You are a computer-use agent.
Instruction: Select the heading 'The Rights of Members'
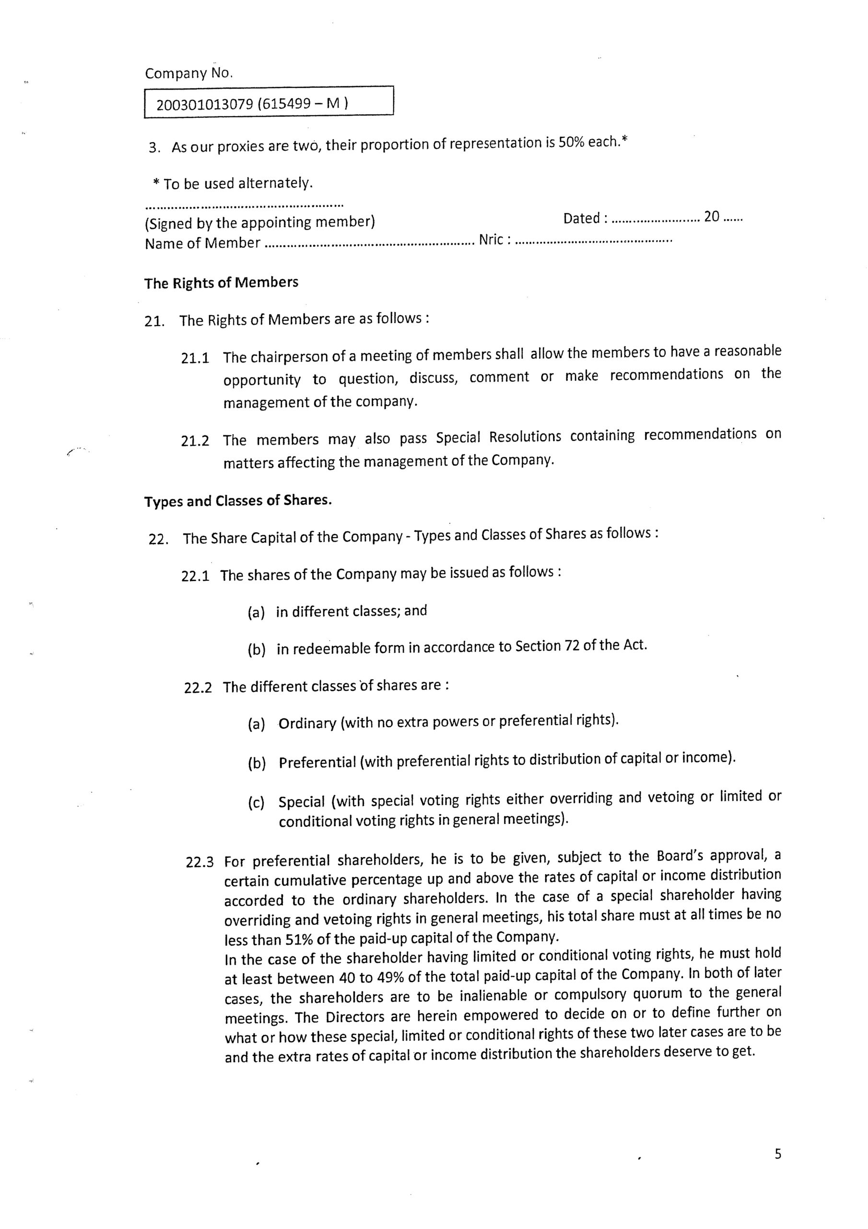tap(221, 282)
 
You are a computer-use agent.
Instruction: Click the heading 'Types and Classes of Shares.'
tap(238, 501)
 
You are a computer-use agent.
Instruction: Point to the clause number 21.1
tap(195, 358)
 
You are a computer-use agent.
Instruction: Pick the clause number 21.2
tap(195, 441)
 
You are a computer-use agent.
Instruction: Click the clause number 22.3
tap(199, 862)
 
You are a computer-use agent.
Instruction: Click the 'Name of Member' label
tap(202, 243)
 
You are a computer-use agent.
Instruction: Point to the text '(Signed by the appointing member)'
tap(260, 222)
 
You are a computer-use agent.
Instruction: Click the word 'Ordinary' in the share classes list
tap(307, 723)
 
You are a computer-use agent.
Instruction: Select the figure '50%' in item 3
tap(572, 144)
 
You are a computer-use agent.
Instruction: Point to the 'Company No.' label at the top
tap(189, 73)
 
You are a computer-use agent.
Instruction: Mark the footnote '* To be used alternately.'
tap(233, 183)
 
